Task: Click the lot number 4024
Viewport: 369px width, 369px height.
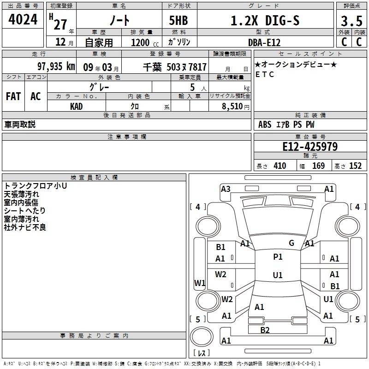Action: pos(23,19)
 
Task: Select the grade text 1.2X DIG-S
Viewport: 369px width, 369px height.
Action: pos(265,20)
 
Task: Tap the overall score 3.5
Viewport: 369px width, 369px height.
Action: pos(351,21)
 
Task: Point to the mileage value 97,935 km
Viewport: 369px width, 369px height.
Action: pos(56,66)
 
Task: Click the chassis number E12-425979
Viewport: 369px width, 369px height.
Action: pos(310,147)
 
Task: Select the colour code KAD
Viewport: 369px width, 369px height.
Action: pos(76,107)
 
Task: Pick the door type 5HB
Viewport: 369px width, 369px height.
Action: pos(179,20)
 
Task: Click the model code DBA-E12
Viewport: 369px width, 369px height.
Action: pos(264,42)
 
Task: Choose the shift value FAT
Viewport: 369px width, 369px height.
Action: pos(13,96)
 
